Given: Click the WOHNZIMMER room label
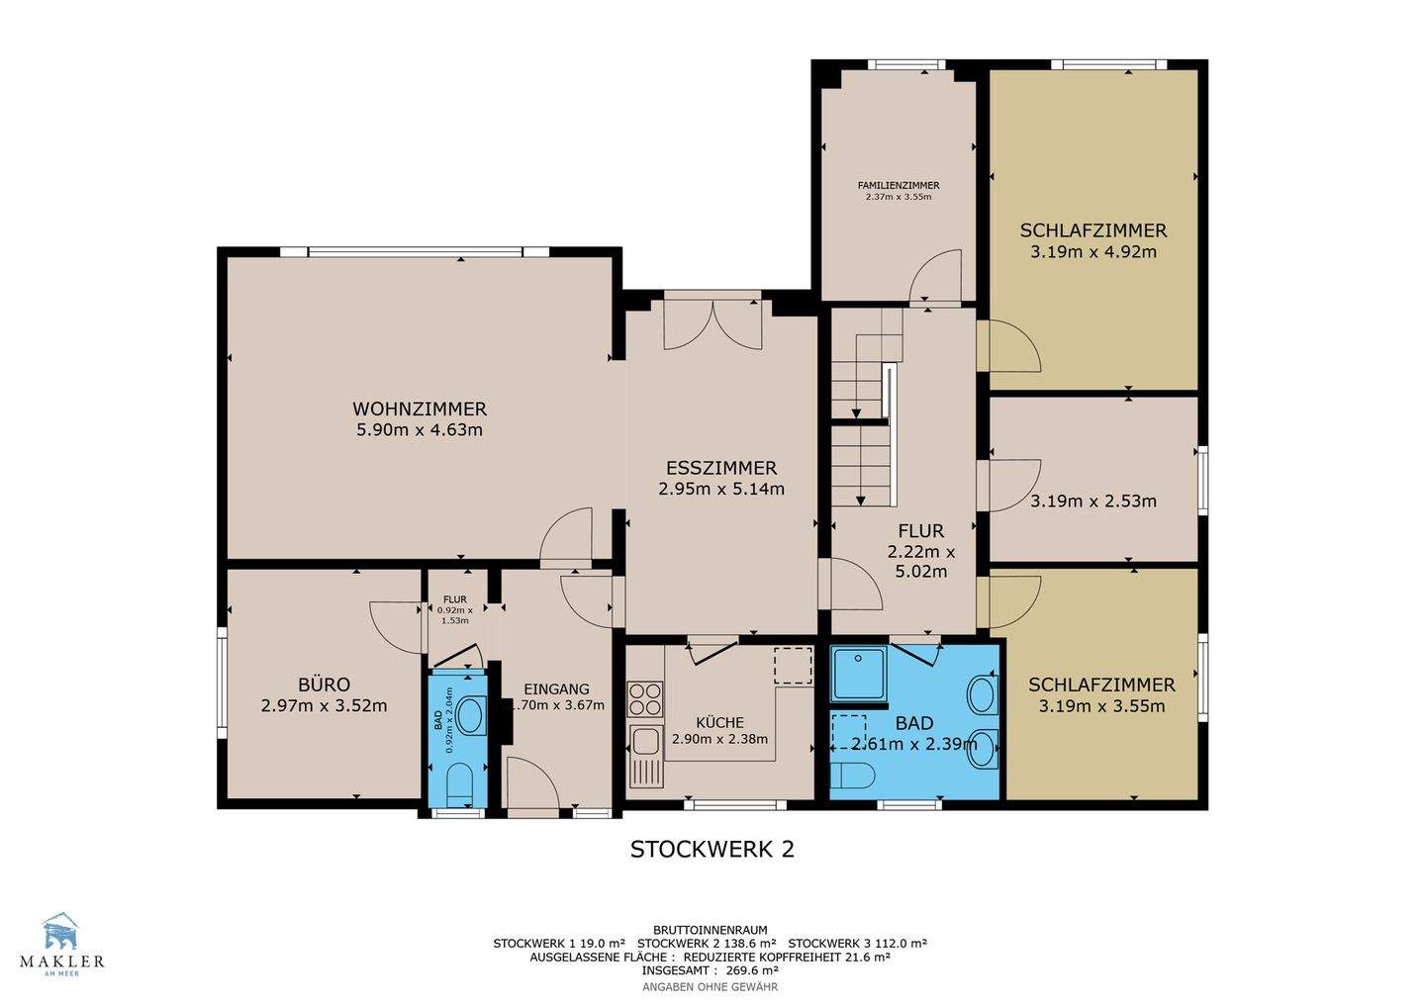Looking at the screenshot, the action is coord(420,409).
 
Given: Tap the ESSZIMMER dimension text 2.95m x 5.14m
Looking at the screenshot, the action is coord(721,489).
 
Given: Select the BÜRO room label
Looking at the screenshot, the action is coord(325,685).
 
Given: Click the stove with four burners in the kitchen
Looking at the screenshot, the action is coord(645,699).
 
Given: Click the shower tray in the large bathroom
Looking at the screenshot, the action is coord(859,674).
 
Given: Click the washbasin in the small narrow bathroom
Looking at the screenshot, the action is coord(471,716).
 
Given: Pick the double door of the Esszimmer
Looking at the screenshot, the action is coord(712,323).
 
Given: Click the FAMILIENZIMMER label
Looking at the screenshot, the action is coord(899,186).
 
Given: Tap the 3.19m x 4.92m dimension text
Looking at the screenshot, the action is coord(1093,251).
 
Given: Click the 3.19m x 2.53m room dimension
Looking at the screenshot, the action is coord(1093,501).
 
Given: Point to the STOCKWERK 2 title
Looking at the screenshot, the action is coord(712,850).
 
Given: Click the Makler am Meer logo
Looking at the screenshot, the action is coord(61,944).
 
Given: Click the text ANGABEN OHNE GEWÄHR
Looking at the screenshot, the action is coord(710,986).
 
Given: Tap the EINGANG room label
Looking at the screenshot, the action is coord(556,688).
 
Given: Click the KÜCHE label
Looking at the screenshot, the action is coord(719,722).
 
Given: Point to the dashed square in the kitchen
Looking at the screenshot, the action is coord(793,665).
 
